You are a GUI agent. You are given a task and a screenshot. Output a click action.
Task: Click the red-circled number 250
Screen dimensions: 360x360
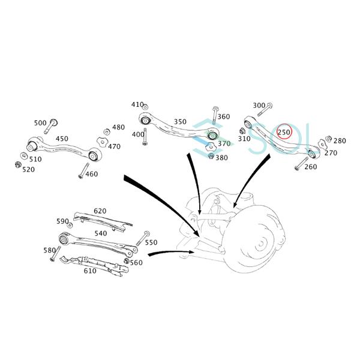tap(284, 132)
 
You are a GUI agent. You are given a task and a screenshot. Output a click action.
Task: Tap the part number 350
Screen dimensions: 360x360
tap(180, 121)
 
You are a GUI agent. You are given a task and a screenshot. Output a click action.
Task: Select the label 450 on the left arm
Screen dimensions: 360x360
tap(62, 139)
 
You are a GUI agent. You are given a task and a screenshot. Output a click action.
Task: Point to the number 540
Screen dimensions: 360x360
tap(100, 233)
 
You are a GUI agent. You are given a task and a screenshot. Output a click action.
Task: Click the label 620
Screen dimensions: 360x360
tap(100, 211)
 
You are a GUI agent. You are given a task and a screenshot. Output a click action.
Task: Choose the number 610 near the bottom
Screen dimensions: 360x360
tap(90, 271)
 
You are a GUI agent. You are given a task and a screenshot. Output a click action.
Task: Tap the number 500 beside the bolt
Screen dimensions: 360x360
tap(40, 123)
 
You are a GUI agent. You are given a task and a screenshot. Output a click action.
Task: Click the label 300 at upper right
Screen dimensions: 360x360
tap(259, 106)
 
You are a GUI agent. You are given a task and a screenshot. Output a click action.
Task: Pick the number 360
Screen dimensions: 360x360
tap(223, 116)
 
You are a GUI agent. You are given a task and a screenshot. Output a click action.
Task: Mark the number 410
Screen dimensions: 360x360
tap(137, 105)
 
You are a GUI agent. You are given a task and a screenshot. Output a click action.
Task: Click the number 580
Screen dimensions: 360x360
tap(49, 250)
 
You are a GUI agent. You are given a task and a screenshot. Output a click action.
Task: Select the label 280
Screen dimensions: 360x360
tap(340, 140)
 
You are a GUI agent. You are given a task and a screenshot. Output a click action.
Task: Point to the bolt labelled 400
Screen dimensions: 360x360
tap(146, 137)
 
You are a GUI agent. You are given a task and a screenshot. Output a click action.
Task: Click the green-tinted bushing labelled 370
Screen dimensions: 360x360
tap(211, 137)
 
